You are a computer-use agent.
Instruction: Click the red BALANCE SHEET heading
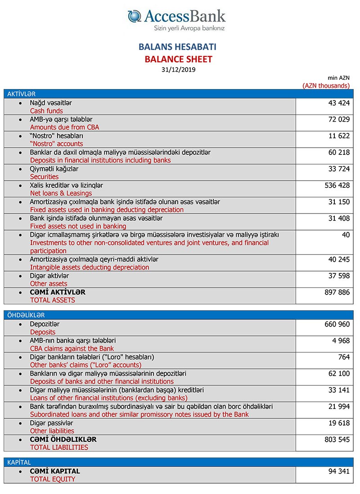pyautogui.click(x=178, y=59)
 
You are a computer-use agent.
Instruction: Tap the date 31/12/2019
pyautogui.click(x=178, y=69)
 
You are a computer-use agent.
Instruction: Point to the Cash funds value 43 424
pyautogui.click(x=339, y=103)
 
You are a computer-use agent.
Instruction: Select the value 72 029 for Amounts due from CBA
pyautogui.click(x=339, y=119)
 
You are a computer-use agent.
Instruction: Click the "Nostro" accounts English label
pyautogui.click(x=56, y=144)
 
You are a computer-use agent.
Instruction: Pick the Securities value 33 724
pyautogui.click(x=339, y=169)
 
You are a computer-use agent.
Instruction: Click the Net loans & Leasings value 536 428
pyautogui.click(x=337, y=186)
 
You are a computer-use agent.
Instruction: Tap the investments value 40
pyautogui.click(x=345, y=235)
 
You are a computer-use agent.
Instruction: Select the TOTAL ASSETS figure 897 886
pyautogui.click(x=337, y=292)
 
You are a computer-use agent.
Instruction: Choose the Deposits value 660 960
pyautogui.click(x=337, y=324)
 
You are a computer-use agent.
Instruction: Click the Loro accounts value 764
pyautogui.click(x=344, y=357)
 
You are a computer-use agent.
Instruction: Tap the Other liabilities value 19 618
pyautogui.click(x=339, y=423)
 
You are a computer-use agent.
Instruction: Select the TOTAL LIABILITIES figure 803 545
pyautogui.click(x=337, y=440)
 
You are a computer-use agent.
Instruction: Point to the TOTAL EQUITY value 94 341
pyautogui.click(x=339, y=471)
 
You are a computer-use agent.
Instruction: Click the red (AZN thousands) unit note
pyautogui.click(x=326, y=85)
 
